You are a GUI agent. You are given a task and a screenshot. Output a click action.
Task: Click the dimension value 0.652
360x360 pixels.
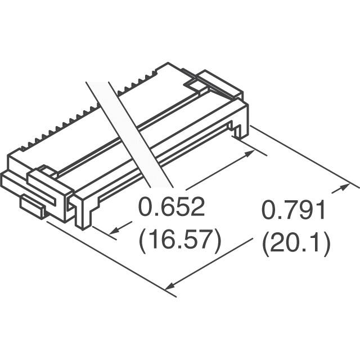[171, 206]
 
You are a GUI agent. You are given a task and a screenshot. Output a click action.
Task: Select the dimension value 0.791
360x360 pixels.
[294, 210]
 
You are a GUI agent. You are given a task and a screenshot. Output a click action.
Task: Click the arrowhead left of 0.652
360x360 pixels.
[114, 231]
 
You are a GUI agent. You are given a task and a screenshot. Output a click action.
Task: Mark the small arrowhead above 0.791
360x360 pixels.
[343, 187]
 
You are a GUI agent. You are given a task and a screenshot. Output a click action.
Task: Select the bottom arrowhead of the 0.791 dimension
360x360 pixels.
[170, 286]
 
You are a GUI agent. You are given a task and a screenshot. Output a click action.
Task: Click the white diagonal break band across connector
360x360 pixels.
[129, 134]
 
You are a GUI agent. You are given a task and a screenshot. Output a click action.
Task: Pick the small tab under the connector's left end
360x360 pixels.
[33, 205]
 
